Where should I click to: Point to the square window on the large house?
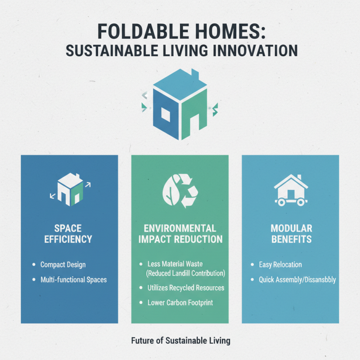(x=164, y=115)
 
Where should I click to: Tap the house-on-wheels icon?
(x=291, y=190)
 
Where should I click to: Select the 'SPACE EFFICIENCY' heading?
(x=68, y=233)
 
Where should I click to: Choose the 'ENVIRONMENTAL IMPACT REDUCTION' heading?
(x=180, y=233)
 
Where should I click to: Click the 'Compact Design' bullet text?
(x=63, y=265)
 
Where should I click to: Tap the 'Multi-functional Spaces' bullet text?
(x=73, y=279)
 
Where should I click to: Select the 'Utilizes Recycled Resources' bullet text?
(x=186, y=288)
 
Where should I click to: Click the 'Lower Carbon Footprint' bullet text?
(x=180, y=302)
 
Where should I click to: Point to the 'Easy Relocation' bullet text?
(x=280, y=265)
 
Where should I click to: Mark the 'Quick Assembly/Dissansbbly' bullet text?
(x=297, y=279)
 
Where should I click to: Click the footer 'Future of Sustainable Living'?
(x=180, y=340)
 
